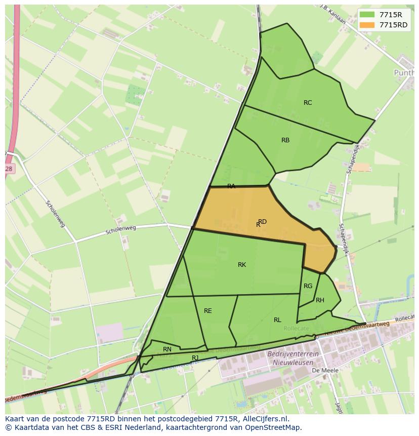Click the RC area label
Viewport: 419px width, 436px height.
point(308,103)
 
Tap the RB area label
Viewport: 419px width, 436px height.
point(285,140)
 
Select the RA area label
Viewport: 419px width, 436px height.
point(231,186)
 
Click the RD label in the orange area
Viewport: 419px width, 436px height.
point(262,222)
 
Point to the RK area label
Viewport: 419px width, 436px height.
point(242,265)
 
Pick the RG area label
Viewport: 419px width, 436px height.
point(308,286)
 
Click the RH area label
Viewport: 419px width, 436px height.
point(320,300)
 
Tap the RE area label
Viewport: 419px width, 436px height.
point(208,311)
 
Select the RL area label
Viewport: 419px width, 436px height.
point(277,320)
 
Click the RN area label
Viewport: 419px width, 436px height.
point(167,349)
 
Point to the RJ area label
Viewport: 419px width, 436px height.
point(195,358)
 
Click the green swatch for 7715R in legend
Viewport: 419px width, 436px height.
point(367,15)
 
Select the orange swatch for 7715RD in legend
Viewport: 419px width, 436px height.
point(367,25)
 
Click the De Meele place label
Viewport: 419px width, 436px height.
point(325,371)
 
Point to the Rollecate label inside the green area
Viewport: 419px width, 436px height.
point(296,328)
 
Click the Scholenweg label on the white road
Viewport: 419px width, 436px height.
point(121,231)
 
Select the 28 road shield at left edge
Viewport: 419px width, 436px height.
point(9,169)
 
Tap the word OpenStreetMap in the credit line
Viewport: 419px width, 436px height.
point(274,427)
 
